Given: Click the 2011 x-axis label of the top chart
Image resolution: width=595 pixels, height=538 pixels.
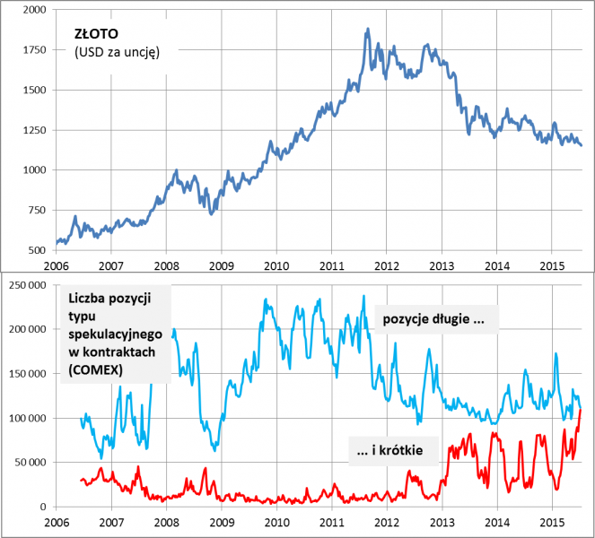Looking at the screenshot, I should (x=332, y=265).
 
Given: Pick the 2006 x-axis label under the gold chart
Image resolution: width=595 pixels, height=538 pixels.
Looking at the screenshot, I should (x=56, y=265).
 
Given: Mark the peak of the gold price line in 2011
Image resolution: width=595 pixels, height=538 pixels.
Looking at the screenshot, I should (x=368, y=29).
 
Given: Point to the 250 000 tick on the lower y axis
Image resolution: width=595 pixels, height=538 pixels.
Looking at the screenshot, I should (x=26, y=285).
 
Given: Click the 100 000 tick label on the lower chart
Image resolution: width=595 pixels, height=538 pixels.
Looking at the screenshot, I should (x=26, y=419).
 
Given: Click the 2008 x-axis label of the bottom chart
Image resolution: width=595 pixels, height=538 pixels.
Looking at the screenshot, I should (x=166, y=522).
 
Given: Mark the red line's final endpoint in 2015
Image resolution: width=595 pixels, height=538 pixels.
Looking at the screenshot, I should (x=581, y=410).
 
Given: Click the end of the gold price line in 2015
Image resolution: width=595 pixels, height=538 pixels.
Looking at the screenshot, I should (x=581, y=145).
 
